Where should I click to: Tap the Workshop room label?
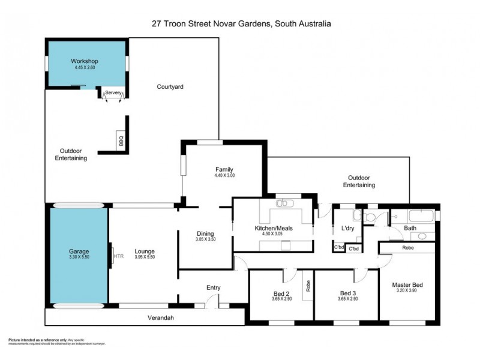tap(84, 62)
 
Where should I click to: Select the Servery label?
tap(114, 92)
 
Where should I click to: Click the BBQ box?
tap(121, 141)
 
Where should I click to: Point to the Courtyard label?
tap(170, 87)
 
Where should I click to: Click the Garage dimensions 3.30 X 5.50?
tap(78, 257)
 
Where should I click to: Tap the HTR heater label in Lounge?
tap(118, 256)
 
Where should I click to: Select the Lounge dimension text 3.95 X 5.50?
tap(144, 257)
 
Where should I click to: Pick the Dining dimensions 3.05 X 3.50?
tap(205, 239)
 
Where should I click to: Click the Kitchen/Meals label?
tap(273, 229)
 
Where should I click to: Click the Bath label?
tap(410, 228)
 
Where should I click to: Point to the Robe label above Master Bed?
tap(408, 247)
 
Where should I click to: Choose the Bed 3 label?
tap(348, 293)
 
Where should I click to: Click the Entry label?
tap(214, 287)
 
